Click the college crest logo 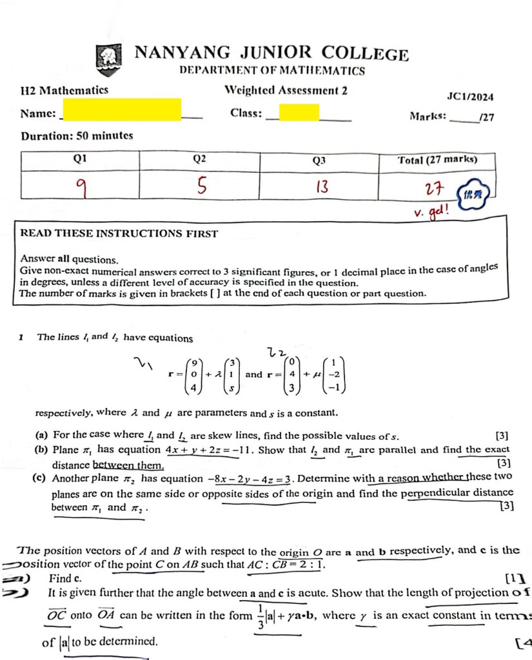108,57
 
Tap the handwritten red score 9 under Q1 81,187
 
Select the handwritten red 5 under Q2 202,187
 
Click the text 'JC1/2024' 470,97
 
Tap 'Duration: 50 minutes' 77,136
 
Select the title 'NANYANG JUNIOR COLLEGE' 271,53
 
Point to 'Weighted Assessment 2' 286,91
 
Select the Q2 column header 200,159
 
